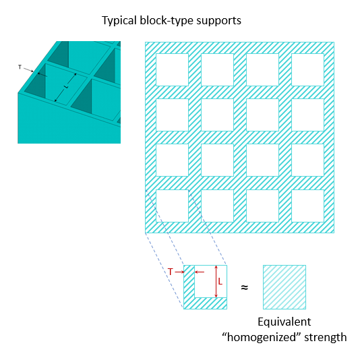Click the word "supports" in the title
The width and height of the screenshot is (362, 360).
tap(217, 21)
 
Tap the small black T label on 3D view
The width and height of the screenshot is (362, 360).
tap(20, 67)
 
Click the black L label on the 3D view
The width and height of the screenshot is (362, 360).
tap(65, 87)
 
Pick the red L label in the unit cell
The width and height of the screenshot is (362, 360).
tap(220, 281)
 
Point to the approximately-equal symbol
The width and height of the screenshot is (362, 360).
tap(244, 287)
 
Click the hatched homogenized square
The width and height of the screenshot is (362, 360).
tap(284, 287)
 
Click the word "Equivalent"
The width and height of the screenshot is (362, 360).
tap(284, 322)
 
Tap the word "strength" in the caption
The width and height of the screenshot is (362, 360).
tap(323, 336)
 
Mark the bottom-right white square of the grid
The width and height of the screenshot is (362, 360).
tap(307, 206)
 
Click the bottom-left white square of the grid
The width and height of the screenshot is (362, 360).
tap(173, 206)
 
